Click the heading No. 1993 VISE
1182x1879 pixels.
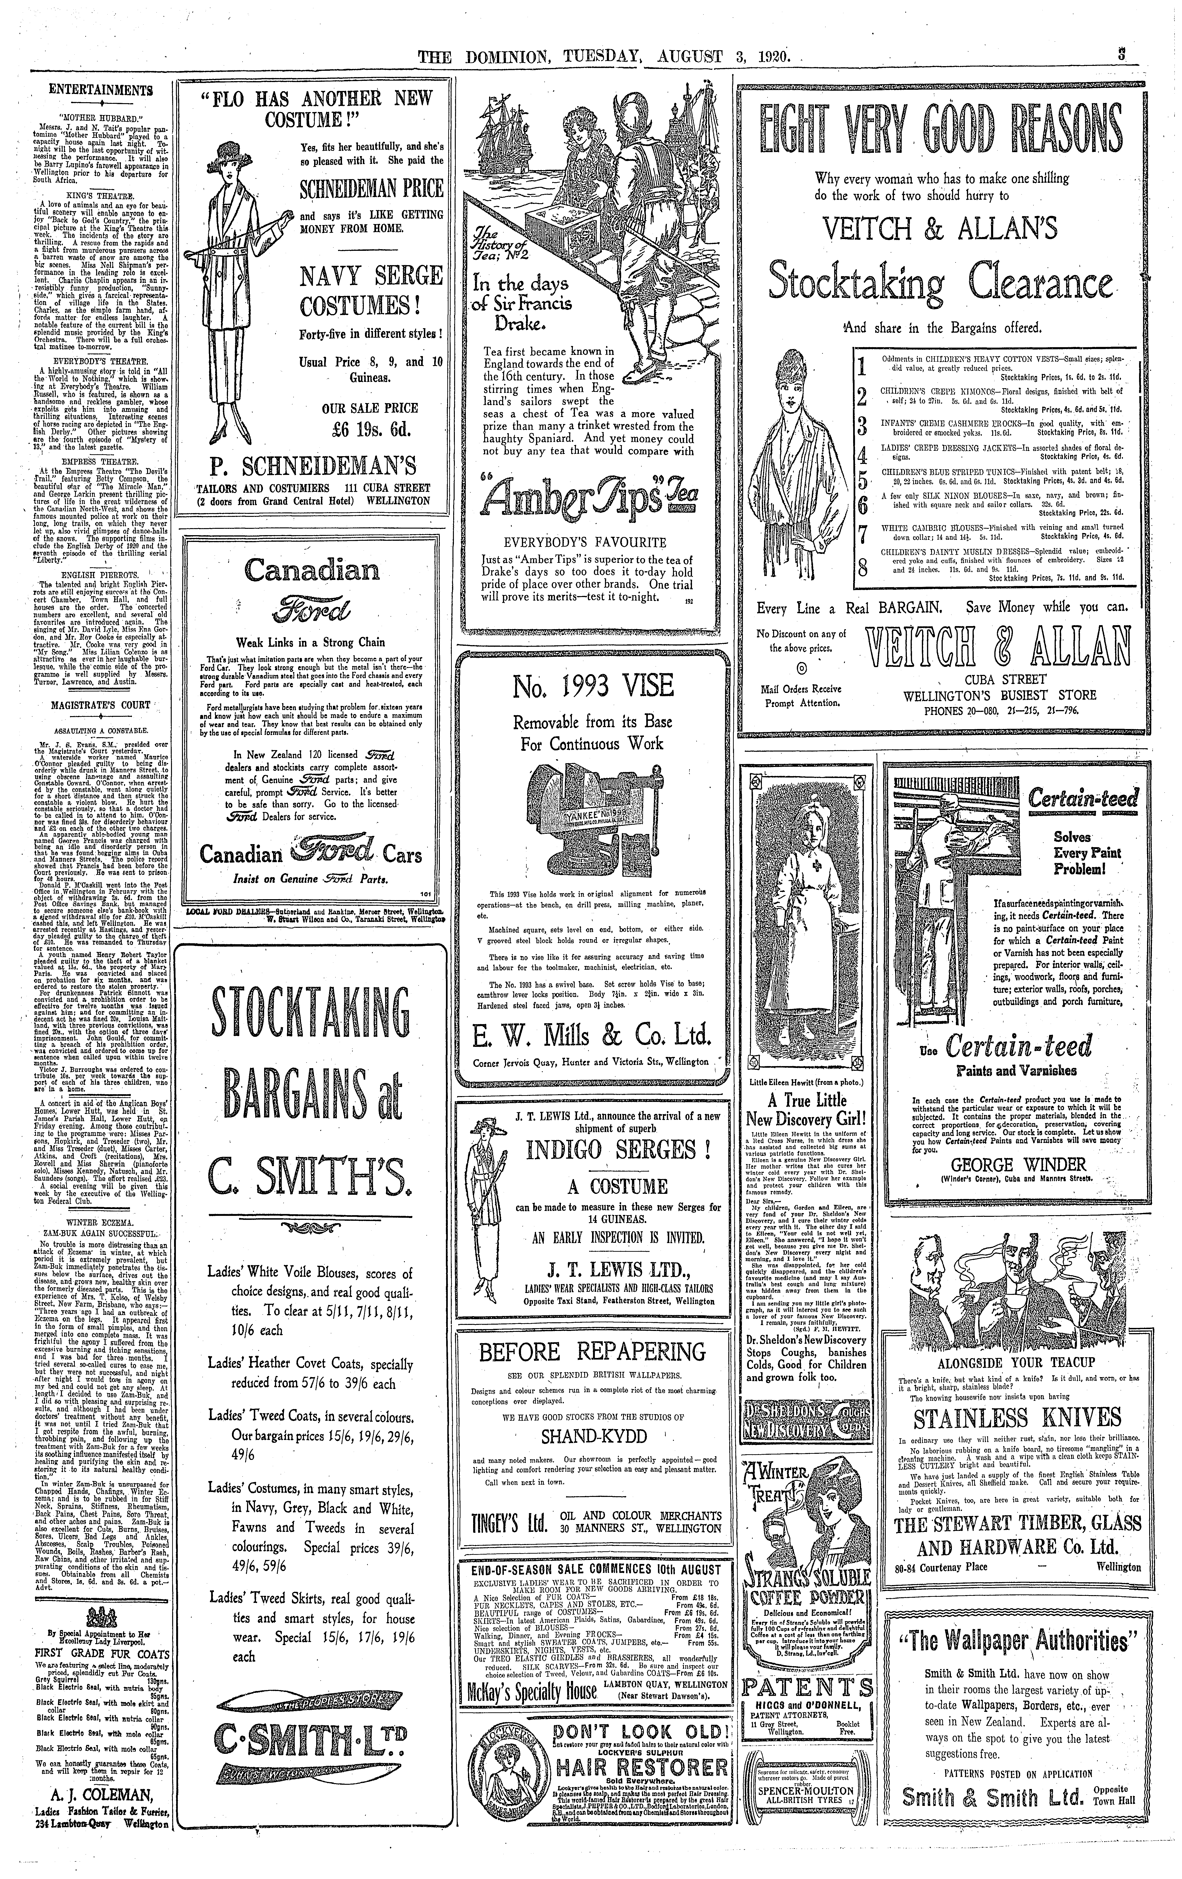tap(593, 687)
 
